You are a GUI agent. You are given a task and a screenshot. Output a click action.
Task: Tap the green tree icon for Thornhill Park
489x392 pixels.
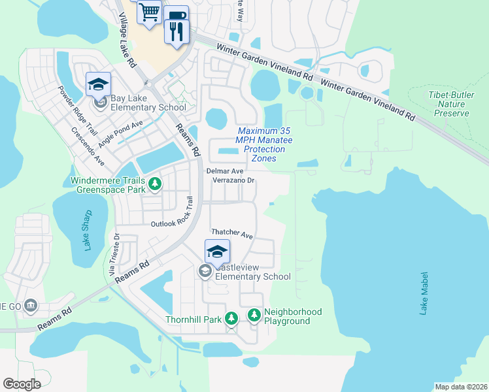(231, 318)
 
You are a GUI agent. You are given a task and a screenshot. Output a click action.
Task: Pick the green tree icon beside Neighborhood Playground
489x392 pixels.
(254, 316)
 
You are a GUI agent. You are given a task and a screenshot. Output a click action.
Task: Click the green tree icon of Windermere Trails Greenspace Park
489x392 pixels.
(155, 185)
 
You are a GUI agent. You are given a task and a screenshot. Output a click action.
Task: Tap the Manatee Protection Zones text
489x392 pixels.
(264, 145)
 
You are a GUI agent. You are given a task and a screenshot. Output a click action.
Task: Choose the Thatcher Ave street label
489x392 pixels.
(231, 233)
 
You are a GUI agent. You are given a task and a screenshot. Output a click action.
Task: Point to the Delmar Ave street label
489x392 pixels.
(220, 171)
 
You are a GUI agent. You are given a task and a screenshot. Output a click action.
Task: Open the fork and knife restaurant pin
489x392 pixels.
(175, 31)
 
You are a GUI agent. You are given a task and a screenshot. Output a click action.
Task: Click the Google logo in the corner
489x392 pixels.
(22, 384)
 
